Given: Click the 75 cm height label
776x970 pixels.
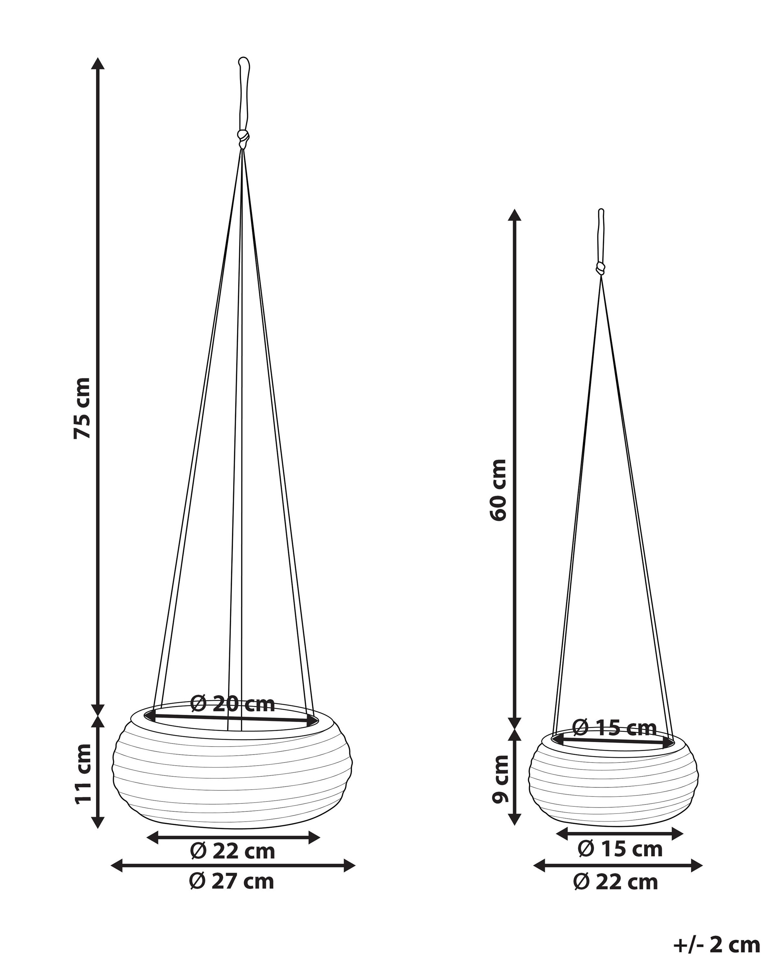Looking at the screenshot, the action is (83, 408).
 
